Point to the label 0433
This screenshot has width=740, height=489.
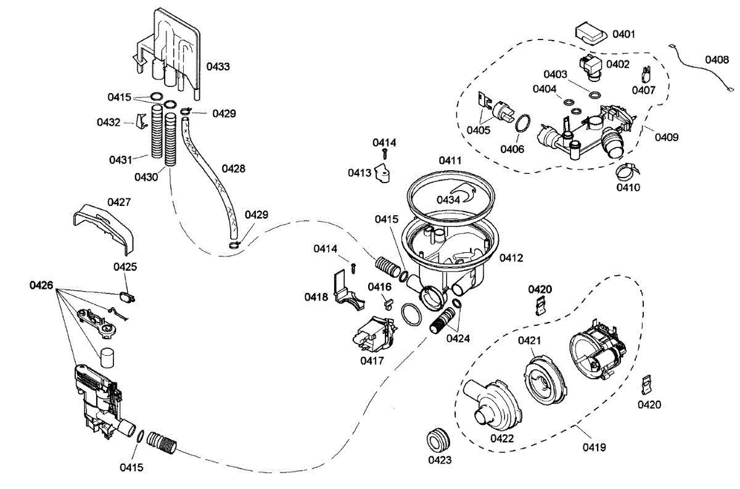[218, 65]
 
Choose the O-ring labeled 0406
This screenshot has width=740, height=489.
[522, 123]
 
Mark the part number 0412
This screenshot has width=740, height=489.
[511, 258]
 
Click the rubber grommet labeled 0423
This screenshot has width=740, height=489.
[438, 439]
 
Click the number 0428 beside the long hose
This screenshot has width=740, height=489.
[233, 168]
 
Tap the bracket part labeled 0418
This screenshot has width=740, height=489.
[345, 290]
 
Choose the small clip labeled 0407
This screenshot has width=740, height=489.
[646, 75]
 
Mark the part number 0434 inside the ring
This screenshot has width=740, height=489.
[449, 199]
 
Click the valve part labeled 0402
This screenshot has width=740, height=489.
[591, 67]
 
